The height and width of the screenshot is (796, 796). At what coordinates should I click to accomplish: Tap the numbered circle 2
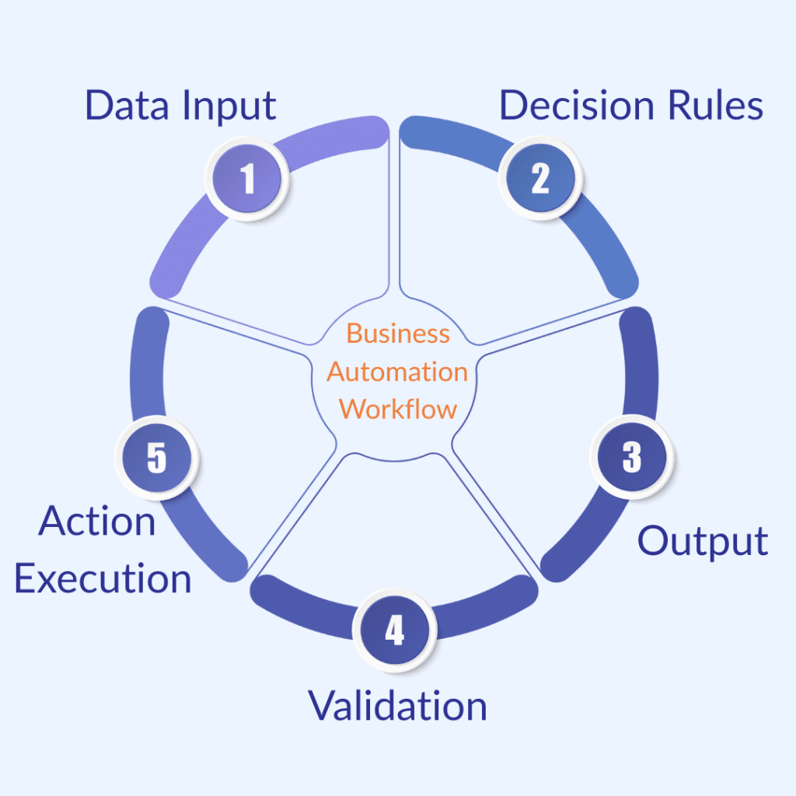[x=540, y=178]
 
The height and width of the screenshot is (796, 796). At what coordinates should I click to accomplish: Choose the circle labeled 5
[x=156, y=458]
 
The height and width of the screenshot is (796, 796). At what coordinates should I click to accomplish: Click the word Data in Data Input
[x=127, y=106]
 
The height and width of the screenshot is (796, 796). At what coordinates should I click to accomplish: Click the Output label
[x=703, y=542]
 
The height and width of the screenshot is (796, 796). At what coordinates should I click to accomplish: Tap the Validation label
[x=398, y=705]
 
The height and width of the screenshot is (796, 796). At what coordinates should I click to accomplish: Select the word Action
[x=97, y=521]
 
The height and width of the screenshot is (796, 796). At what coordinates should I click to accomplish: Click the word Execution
[x=103, y=579]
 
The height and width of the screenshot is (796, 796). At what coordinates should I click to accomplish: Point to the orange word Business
[x=398, y=333]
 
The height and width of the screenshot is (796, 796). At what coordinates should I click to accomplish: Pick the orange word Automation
[x=397, y=372]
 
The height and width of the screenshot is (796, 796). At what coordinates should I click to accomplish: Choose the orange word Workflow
[x=398, y=409]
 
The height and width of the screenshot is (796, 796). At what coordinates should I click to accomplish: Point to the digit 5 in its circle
[x=156, y=458]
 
